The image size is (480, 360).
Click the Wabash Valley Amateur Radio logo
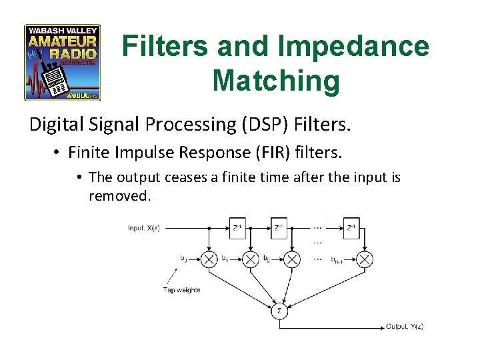62,62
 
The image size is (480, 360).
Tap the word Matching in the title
275,81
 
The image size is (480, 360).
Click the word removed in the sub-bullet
119,197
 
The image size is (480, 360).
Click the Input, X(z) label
143,229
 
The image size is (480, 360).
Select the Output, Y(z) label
405,326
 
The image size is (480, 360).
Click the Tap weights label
181,290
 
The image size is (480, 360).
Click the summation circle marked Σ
279,311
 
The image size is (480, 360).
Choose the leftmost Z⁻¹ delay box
237,229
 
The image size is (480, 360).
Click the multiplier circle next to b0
209,259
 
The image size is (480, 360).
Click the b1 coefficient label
225,257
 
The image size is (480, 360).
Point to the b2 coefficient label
266,257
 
